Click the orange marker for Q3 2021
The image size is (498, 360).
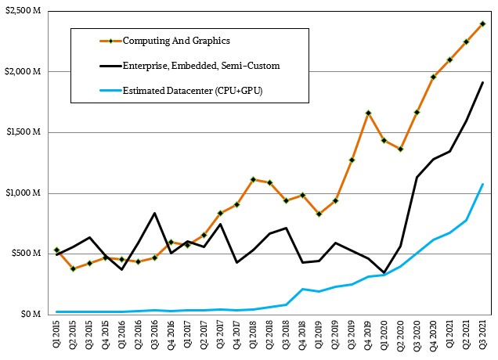(482, 23)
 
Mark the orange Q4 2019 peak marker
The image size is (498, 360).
(368, 113)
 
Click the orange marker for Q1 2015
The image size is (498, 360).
(56, 250)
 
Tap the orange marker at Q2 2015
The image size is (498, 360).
(73, 268)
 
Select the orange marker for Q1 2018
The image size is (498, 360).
(253, 179)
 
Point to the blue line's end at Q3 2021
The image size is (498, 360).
(482, 184)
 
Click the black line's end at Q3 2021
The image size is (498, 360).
(482, 82)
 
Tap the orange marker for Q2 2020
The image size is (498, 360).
(400, 149)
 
